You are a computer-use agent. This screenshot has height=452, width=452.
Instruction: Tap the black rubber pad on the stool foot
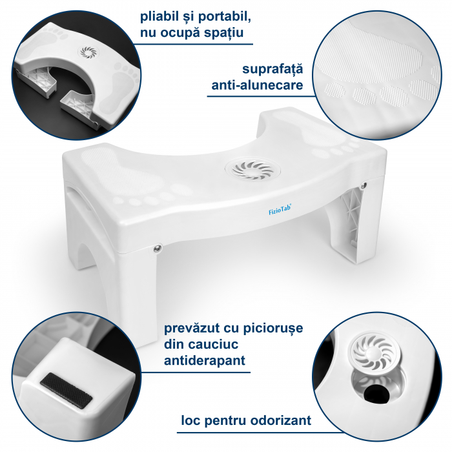pos(67,390)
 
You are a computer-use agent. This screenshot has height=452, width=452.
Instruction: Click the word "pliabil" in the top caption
pos(159,17)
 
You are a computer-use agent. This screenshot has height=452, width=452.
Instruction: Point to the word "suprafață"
pos(272,69)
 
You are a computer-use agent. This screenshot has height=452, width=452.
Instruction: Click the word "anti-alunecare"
pos(258,85)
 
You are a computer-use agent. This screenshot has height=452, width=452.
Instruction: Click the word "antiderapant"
pos(205,360)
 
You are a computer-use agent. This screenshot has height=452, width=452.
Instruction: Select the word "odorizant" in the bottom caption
pos(281,420)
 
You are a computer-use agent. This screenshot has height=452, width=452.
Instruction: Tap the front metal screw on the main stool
pos(158,248)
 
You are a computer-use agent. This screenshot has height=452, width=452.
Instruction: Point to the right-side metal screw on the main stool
pos(364,185)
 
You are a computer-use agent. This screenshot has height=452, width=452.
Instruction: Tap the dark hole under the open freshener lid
pos(375,392)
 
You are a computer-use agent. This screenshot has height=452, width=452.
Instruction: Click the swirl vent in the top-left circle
pos(88,52)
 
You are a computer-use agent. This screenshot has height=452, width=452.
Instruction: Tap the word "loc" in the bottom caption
pos(191,420)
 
